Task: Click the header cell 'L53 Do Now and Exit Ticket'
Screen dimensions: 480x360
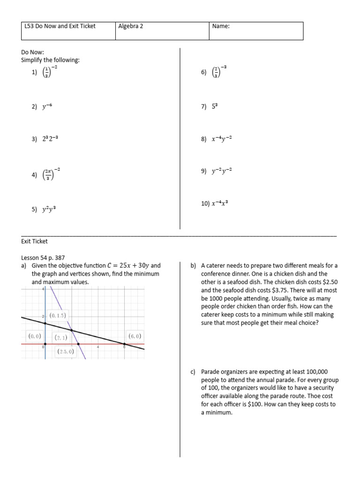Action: pyautogui.click(x=60, y=26)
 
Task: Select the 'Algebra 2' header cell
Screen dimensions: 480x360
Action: pyautogui.click(x=131, y=26)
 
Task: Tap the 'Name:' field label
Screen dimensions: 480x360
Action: pyautogui.click(x=221, y=26)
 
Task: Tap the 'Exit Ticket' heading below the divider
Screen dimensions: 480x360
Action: pyautogui.click(x=34, y=241)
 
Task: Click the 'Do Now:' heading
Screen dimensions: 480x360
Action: pyautogui.click(x=32, y=52)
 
